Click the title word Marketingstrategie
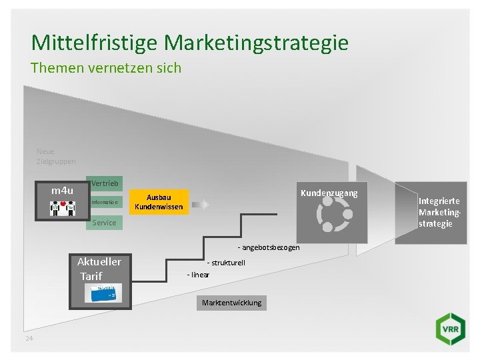pos(257,43)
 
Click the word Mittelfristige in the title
pos(95,43)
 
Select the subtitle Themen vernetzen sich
pos(106,68)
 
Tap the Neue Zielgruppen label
pos(56,156)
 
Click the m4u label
pos(63,191)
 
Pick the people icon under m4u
pos(63,207)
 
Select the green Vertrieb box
pos(105,183)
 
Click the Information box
pos(105,202)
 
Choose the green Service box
pos(104,222)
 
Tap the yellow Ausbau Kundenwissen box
pos(159,202)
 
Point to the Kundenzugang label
pos(329,193)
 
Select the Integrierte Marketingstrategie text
pos(439,212)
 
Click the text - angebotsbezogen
pos(269,248)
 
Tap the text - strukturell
pos(226,263)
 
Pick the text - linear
pos(199,275)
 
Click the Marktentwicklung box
pos(232,303)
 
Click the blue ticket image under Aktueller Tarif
pos(103,293)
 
